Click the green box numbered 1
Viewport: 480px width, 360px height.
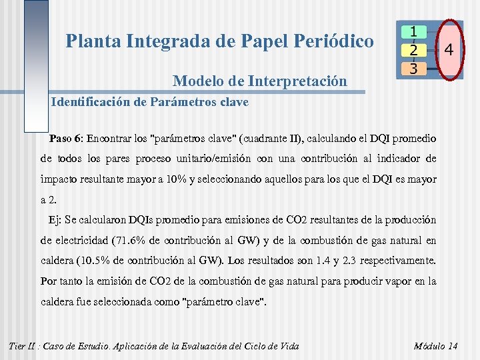pos(414,31)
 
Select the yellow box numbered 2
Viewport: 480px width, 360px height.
pos(414,50)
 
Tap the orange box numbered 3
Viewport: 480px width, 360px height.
pos(414,68)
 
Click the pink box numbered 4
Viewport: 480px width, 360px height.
pos(449,50)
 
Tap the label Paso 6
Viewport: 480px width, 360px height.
pos(65,139)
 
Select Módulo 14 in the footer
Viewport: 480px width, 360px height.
pos(436,345)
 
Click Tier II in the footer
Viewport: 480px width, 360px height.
pos(23,345)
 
